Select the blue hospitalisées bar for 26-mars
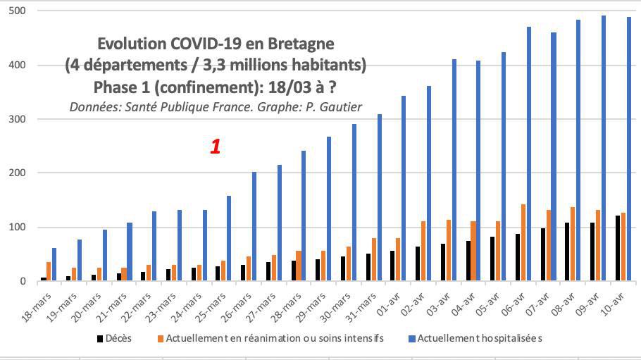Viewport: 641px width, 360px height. [254, 226]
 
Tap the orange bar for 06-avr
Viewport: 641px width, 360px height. [523, 243]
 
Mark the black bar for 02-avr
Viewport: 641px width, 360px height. [417, 263]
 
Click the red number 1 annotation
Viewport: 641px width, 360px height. [216, 147]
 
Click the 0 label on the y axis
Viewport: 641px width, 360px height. [23, 281]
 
